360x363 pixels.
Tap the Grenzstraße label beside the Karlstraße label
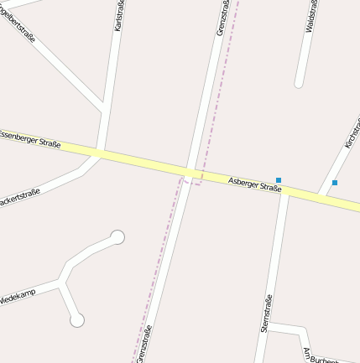click(222, 18)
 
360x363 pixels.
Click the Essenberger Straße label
click(30, 138)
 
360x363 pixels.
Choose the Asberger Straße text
click(254, 183)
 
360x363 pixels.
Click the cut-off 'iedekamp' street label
click(18, 298)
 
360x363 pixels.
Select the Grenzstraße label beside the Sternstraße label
click(143, 344)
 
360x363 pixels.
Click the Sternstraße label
click(266, 314)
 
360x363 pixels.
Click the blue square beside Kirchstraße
click(335, 182)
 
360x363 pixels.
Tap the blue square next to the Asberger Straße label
click(279, 179)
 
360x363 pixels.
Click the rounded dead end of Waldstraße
click(299, 83)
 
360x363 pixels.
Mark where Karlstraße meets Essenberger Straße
click(98, 153)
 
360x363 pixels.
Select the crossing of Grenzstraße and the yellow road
click(191, 173)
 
